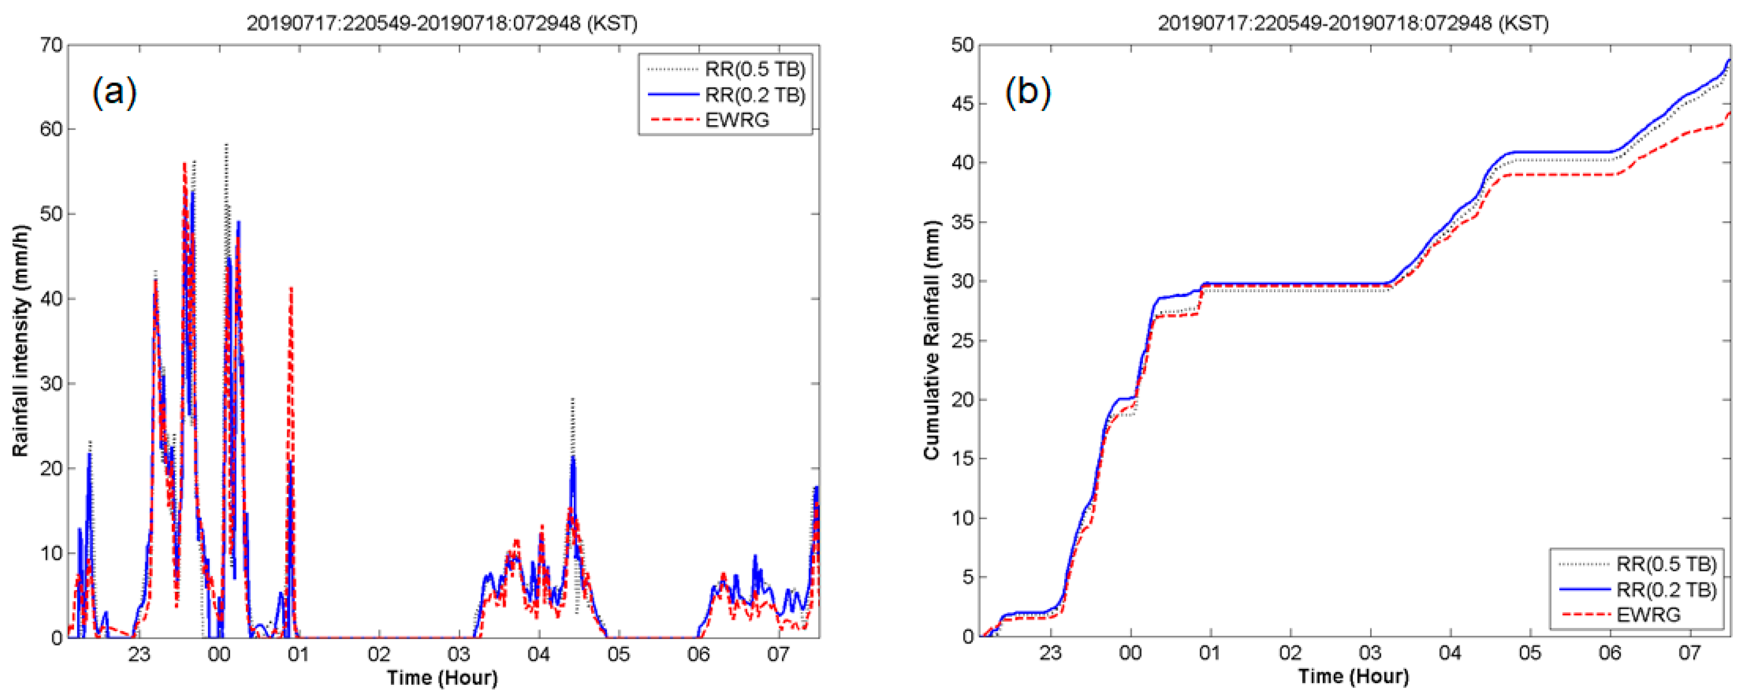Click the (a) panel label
[x=115, y=91]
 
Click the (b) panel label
[x=1027, y=91]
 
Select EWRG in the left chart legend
[x=737, y=120]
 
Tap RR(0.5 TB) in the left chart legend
[x=755, y=69]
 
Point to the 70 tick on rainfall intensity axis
[x=52, y=45]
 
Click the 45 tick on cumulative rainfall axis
[x=962, y=104]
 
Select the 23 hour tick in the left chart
[x=139, y=655]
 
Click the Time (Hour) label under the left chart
[x=442, y=678]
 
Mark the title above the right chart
[x=1353, y=23]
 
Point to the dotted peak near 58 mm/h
[x=227, y=146]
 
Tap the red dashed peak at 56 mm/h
[x=184, y=164]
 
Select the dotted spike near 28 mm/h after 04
[x=573, y=400]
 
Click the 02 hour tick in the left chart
[x=379, y=655]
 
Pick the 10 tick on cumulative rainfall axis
[x=962, y=518]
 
